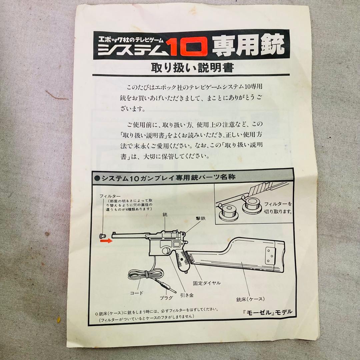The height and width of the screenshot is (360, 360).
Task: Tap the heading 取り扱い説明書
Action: pyautogui.click(x=192, y=68)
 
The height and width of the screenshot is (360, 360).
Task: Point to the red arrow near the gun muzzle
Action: pyautogui.click(x=107, y=241)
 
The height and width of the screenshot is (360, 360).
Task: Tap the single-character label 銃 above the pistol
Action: pyautogui.click(x=165, y=215)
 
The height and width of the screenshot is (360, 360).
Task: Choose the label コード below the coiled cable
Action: pyautogui.click(x=137, y=293)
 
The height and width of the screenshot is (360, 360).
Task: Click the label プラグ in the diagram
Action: pyautogui.click(x=167, y=297)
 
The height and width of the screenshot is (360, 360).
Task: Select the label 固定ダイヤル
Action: pyautogui.click(x=207, y=283)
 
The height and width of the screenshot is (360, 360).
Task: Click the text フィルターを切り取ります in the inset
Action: pyautogui.click(x=278, y=208)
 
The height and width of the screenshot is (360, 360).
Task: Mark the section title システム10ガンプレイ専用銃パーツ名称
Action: pyautogui.click(x=168, y=177)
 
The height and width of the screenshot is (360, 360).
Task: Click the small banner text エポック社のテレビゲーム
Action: pyautogui.click(x=130, y=38)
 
